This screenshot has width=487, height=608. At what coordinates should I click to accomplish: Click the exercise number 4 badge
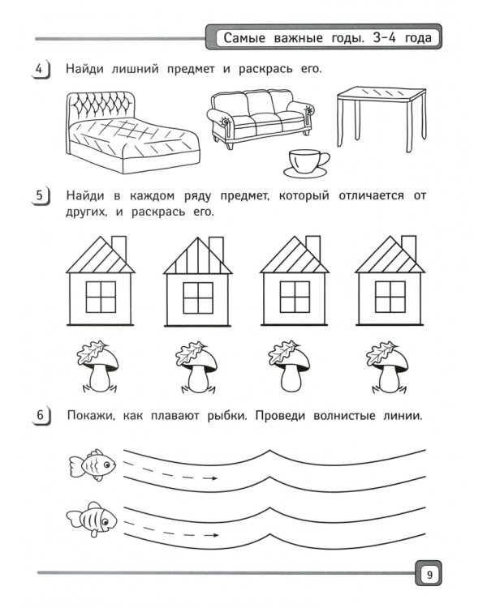click(x=41, y=70)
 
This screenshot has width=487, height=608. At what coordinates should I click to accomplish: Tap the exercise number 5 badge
click(x=41, y=196)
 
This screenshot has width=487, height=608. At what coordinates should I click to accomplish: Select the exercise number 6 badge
click(x=41, y=416)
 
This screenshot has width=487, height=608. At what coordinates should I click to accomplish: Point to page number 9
click(x=429, y=574)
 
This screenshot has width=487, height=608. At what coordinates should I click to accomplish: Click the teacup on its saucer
click(x=307, y=163)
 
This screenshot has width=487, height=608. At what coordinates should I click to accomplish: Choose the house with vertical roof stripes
click(x=198, y=281)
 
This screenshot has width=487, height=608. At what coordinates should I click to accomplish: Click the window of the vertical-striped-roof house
click(x=198, y=298)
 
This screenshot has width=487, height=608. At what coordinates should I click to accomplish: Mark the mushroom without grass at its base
click(x=289, y=366)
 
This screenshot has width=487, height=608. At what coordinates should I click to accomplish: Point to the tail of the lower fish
click(x=74, y=519)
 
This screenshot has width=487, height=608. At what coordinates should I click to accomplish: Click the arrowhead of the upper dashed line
click(x=213, y=478)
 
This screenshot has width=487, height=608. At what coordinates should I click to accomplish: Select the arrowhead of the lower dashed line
click(x=214, y=536)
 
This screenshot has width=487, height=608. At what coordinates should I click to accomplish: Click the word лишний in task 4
click(x=136, y=70)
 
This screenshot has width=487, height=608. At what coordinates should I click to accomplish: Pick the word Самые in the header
click(x=244, y=38)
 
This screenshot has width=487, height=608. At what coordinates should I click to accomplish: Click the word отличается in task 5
click(x=371, y=196)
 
